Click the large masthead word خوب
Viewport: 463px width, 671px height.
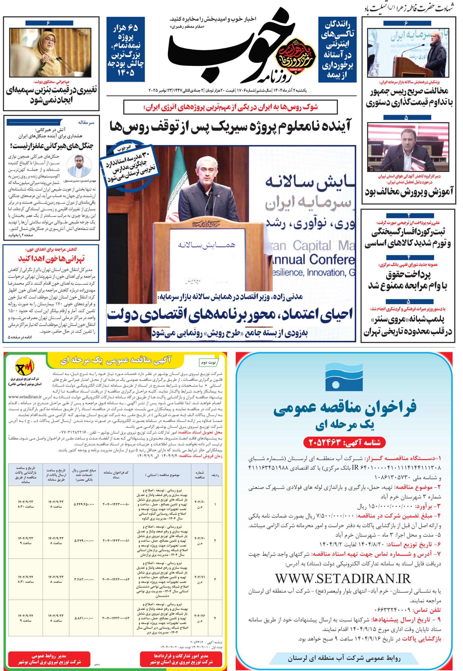pos(220,46)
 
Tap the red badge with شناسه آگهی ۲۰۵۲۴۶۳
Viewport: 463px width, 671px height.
pos(344,442)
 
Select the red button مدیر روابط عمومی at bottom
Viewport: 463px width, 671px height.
pos(49,659)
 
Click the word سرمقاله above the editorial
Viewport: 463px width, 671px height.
pos(86,123)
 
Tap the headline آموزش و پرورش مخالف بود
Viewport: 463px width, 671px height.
pos(409,192)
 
